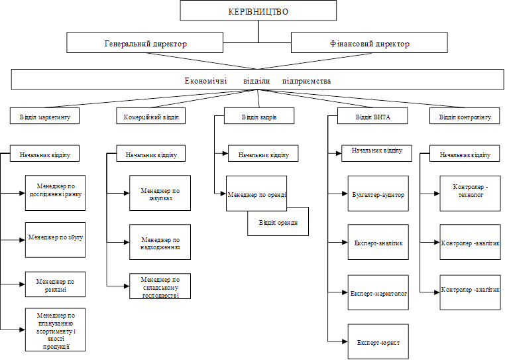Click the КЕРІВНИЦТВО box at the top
[x=258, y=11]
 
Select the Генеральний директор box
[x=144, y=42]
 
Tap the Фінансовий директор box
[x=369, y=42]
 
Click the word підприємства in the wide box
[x=306, y=81]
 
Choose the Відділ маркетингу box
[x=44, y=116]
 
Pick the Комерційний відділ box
[x=150, y=116]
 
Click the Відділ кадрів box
[x=259, y=116]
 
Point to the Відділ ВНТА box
[x=372, y=116]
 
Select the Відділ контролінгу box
[x=465, y=116]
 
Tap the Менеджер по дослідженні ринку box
[x=56, y=193]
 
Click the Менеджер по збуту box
[x=56, y=240]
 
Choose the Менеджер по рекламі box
[x=56, y=284]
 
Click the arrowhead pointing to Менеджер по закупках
[x=127, y=194]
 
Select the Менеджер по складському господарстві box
[x=160, y=286]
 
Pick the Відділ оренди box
[x=278, y=221]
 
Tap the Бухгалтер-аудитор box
[x=378, y=194]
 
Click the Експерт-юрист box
[x=378, y=341]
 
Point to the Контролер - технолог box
[x=471, y=194]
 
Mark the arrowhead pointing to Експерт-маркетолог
[x=345, y=292]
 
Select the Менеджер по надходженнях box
[x=160, y=242]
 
